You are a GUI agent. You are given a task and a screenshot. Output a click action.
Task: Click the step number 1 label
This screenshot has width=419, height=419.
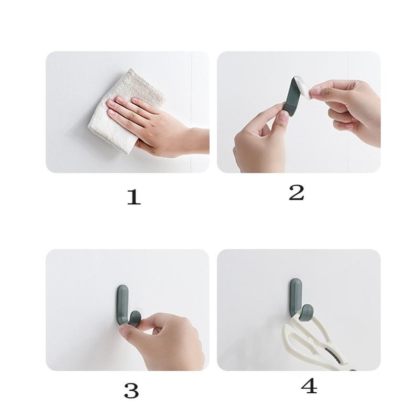click(x=134, y=197)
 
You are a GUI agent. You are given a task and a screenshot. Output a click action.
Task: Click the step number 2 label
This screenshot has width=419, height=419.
click(x=296, y=193)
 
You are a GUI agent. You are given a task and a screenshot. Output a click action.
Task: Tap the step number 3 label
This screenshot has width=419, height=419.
click(x=131, y=390)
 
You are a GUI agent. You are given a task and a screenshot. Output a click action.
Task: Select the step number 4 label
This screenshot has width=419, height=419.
click(x=309, y=387)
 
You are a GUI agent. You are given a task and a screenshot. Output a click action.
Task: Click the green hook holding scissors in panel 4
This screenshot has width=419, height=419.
click(x=296, y=299)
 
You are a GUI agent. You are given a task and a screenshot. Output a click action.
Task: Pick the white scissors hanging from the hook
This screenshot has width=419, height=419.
click(x=314, y=346)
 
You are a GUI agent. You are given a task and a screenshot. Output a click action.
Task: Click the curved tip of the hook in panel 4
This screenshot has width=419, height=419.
click(x=308, y=311)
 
